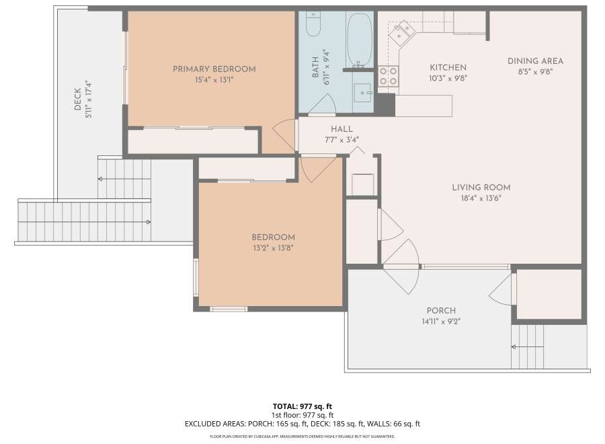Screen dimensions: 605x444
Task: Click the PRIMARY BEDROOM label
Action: tap(214, 69)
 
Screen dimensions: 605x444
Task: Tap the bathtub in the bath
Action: tap(359, 40)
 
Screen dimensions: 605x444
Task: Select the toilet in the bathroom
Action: tap(313, 24)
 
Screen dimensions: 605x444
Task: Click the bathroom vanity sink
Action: tap(362, 93)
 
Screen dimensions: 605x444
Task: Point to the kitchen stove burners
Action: tap(388, 76)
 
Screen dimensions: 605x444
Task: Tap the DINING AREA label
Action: tap(535, 61)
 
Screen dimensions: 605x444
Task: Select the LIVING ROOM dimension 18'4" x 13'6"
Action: tap(481, 198)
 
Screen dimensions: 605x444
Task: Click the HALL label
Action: tap(342, 129)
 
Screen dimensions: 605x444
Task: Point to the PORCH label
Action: tap(441, 310)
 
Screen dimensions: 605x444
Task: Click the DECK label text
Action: tap(77, 99)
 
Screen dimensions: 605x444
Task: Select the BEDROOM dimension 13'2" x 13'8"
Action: tap(273, 248)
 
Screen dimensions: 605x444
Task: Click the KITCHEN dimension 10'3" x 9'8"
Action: tap(448, 79)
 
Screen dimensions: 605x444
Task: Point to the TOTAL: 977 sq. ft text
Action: tap(302, 406)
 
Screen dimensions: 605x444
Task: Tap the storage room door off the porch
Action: tap(502, 289)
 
